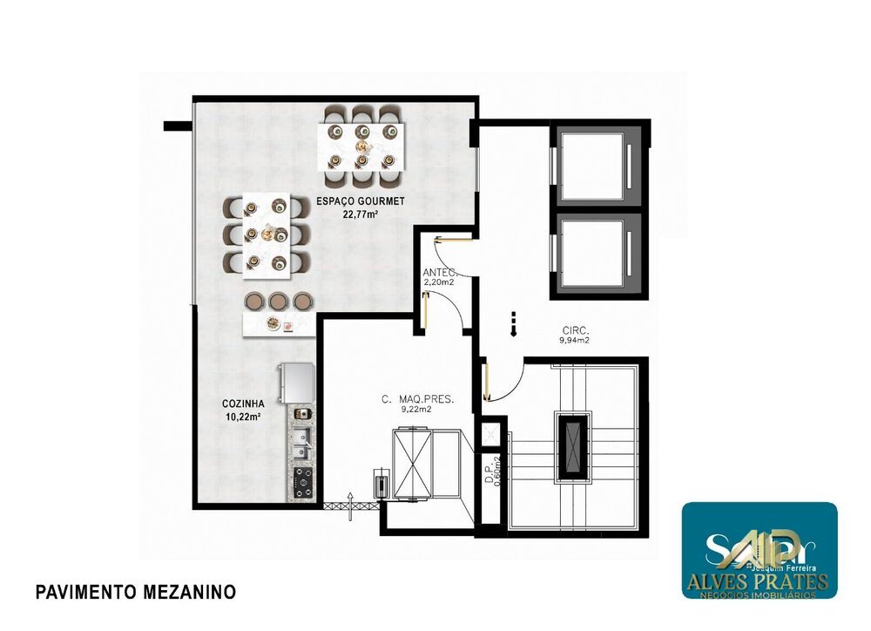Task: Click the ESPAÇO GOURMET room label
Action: (x=360, y=201)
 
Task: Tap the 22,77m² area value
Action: (x=360, y=214)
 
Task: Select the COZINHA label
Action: (x=243, y=404)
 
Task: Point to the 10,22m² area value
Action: (x=243, y=417)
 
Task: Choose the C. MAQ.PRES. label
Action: (x=418, y=399)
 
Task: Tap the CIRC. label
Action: (x=576, y=330)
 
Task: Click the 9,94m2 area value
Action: (x=576, y=342)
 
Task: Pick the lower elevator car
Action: (x=592, y=253)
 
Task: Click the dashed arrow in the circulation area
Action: (x=513, y=323)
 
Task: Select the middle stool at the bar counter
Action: (x=278, y=301)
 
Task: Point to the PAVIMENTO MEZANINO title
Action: (x=135, y=593)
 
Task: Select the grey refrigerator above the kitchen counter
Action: (x=294, y=383)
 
